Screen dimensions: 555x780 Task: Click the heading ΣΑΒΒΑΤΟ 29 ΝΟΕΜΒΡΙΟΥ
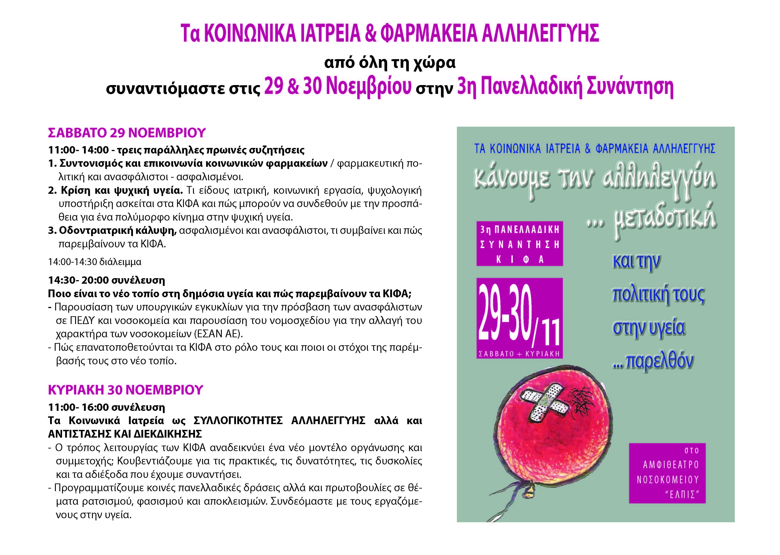(127, 133)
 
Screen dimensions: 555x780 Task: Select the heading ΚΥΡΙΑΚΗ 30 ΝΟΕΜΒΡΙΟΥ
(125, 390)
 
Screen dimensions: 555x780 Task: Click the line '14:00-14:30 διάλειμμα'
(95, 262)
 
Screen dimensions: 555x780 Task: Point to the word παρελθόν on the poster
(659, 361)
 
